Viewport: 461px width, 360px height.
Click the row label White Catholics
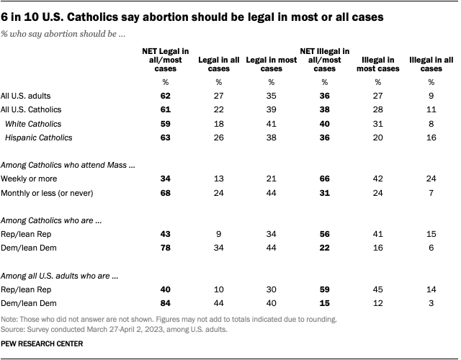pos(31,124)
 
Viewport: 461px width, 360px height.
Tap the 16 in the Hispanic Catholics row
pos(431,138)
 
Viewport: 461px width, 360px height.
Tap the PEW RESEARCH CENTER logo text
pos(42,344)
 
